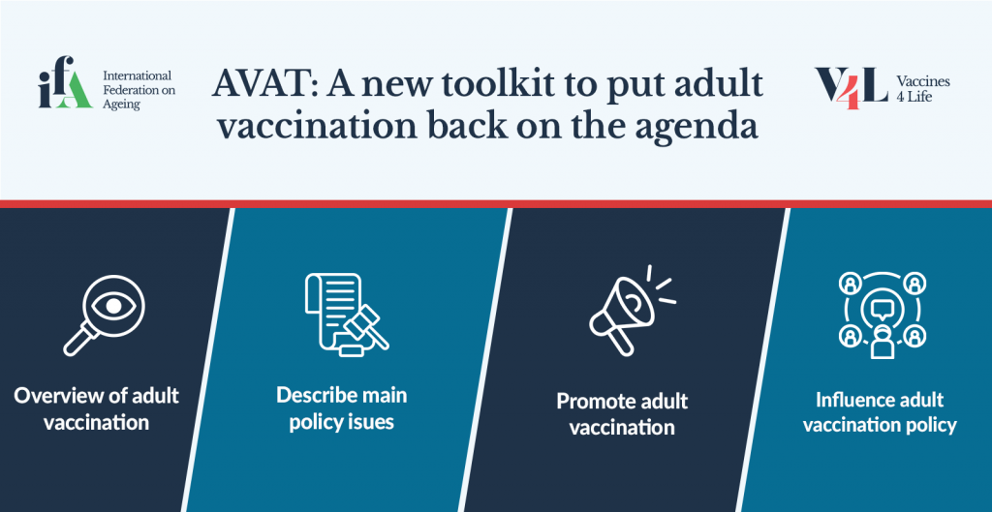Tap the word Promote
click(x=593, y=401)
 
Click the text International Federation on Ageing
click(x=139, y=90)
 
